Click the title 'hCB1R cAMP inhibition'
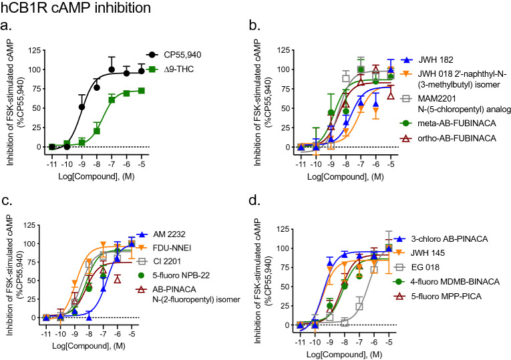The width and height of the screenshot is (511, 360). (75, 9)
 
